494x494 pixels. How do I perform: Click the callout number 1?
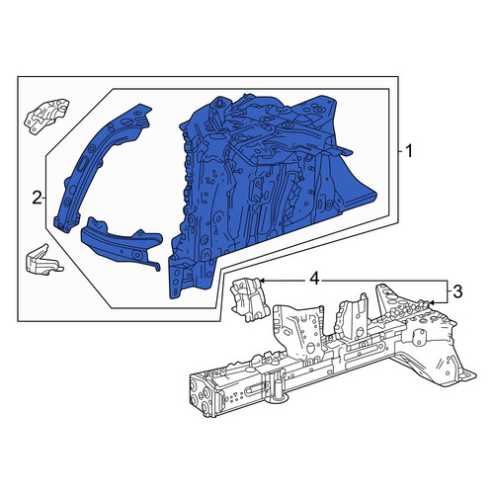(x=409, y=152)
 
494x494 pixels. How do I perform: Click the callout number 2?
(x=37, y=198)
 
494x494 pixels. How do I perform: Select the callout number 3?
(x=457, y=291)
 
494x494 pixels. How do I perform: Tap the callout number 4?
(x=314, y=280)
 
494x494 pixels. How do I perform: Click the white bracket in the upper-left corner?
(x=46, y=116)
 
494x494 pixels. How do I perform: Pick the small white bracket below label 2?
(x=42, y=260)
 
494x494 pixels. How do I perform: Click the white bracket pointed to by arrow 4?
(x=249, y=299)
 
